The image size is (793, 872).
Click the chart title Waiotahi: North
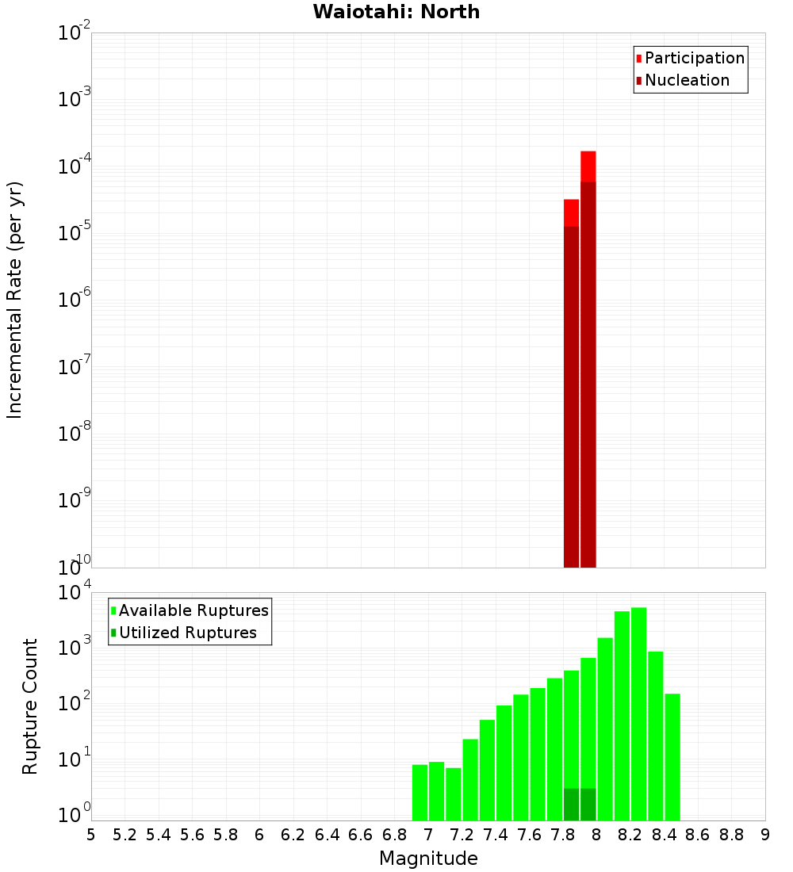point(396,12)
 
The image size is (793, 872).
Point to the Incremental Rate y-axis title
point(15,300)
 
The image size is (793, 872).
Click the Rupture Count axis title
point(30,706)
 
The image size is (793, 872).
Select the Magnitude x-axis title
point(428,858)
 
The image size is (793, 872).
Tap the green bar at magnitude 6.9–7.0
point(419,792)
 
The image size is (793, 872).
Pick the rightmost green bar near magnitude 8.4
point(672,757)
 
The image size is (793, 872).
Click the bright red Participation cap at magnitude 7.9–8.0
point(588,166)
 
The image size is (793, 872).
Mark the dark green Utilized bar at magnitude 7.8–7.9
point(571,804)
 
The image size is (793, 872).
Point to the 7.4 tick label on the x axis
point(496,835)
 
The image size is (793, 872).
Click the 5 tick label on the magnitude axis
point(91,835)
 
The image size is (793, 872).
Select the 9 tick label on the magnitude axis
point(765,835)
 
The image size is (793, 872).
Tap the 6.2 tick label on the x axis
point(293,835)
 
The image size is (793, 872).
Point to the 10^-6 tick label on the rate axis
point(75,300)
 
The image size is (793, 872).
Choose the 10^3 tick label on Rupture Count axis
point(75,647)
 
